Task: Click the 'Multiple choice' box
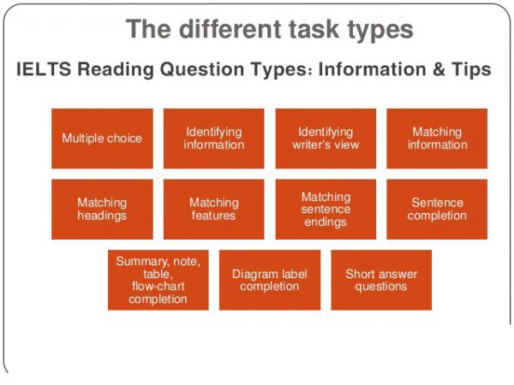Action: pos(102,139)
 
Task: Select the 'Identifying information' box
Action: pos(213,139)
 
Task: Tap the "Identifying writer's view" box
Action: pos(326,139)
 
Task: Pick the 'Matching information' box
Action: pos(437,139)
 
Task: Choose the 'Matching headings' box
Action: pos(102,210)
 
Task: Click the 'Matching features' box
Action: pos(213,210)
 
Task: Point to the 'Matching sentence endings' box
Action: pos(326,210)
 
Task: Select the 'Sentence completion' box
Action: pos(437,210)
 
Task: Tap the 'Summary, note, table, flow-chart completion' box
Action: pos(158,280)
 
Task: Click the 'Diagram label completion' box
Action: pos(270,280)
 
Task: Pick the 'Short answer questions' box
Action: pos(381,280)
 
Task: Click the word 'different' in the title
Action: pos(231,29)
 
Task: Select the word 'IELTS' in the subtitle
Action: pos(44,69)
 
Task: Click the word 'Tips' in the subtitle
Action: pos(471,70)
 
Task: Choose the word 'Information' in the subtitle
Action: pos(373,69)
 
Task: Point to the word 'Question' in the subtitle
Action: pos(202,70)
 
